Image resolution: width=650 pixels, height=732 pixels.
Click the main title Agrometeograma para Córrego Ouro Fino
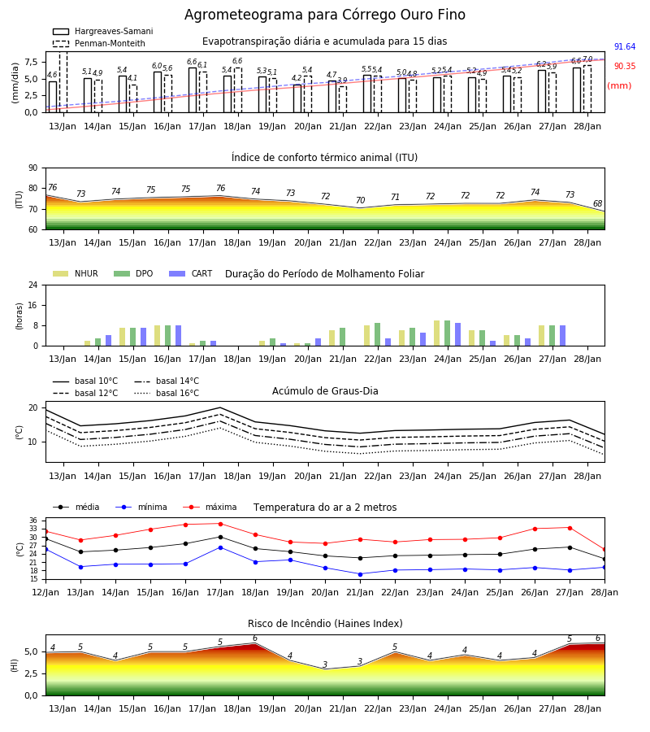pos(324,15)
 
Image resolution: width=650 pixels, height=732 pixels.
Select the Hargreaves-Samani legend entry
pos(102,31)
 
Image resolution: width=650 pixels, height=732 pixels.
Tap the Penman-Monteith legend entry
pos(99,43)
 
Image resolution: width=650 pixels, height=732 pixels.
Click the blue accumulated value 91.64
pos(625,46)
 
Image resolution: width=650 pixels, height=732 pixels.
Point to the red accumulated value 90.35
pos(625,67)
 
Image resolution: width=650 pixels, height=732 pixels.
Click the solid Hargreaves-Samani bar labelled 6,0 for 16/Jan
pos(158,92)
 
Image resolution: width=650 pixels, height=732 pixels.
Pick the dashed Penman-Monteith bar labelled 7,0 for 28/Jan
pos(587,89)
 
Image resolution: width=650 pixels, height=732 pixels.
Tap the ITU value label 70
pos(361,200)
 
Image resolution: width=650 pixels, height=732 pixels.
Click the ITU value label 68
pos(598,203)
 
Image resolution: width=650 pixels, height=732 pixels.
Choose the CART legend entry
pos(191,273)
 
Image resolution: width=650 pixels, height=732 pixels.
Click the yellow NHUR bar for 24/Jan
pos(437,333)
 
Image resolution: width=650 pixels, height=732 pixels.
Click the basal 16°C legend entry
pos(167,393)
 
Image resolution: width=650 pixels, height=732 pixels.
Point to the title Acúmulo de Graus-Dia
pos(325,391)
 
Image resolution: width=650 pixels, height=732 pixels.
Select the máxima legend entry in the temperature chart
pos(210,507)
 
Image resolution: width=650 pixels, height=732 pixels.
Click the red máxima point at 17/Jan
pos(220,524)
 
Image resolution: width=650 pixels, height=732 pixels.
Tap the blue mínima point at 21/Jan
pos(361,574)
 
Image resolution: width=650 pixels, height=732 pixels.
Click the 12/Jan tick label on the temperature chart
pos(45,592)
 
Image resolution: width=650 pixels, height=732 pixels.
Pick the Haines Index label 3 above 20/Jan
pos(325,664)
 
